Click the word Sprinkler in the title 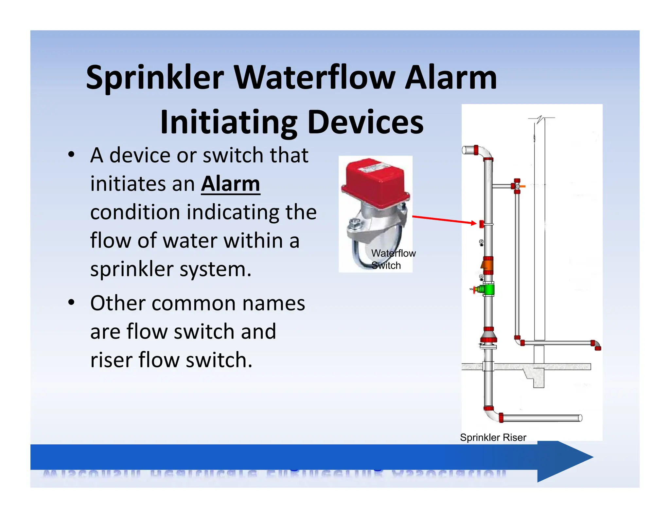coord(154,78)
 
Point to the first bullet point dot coord(71,155)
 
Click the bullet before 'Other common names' coord(71,303)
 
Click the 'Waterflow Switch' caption coord(393,259)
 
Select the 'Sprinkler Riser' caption coord(493,437)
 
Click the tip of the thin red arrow coord(476,223)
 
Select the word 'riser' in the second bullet coord(112,360)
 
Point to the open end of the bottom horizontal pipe coord(580,418)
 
